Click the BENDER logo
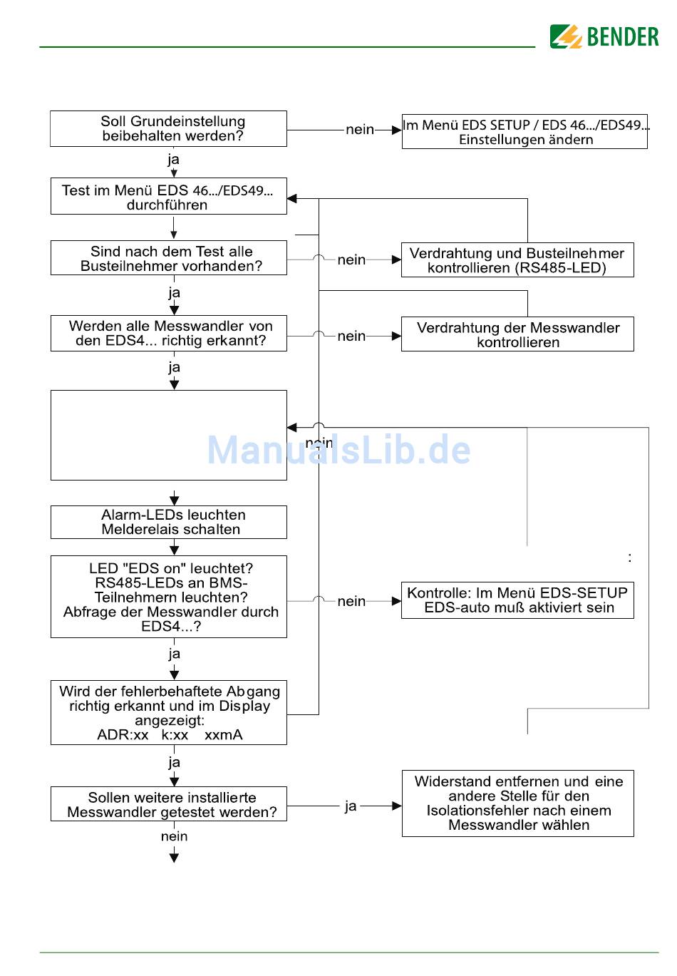click(x=604, y=36)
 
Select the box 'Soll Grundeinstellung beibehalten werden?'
click(x=168, y=128)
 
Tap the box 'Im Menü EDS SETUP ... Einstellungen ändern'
click(x=524, y=132)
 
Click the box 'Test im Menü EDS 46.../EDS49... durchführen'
click(x=169, y=196)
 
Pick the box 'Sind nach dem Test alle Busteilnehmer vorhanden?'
click(x=169, y=258)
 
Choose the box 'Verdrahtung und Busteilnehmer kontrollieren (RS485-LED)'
click(x=517, y=260)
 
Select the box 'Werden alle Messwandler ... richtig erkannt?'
click(x=169, y=334)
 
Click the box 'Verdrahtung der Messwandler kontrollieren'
click(x=517, y=334)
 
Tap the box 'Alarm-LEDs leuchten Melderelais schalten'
click(x=169, y=523)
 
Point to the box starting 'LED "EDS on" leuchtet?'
click(x=169, y=597)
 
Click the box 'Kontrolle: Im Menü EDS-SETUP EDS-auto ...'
click(x=517, y=600)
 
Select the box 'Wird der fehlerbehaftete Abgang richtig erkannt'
click(x=169, y=713)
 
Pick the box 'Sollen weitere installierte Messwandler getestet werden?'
click(x=169, y=804)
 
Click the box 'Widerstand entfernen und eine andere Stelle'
click(x=518, y=803)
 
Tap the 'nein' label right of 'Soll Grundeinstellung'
click(x=360, y=130)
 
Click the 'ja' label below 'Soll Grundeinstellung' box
click(x=173, y=160)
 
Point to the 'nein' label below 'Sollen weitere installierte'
click(x=175, y=836)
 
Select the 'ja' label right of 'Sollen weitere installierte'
click(x=351, y=806)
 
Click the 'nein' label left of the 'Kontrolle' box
click(x=351, y=601)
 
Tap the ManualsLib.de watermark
click(x=339, y=449)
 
